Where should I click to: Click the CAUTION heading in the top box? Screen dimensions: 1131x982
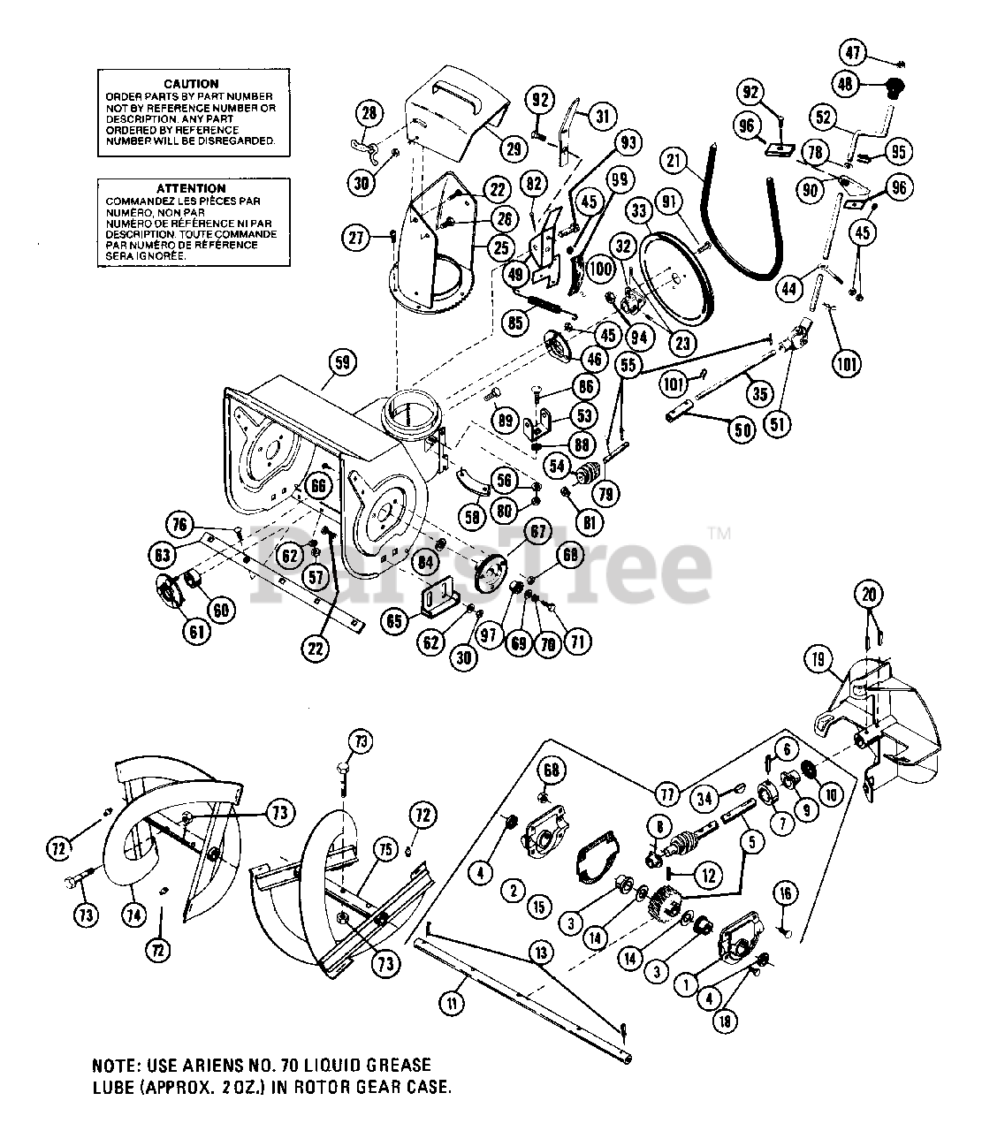point(191,84)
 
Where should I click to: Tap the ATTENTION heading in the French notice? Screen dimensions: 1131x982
point(191,188)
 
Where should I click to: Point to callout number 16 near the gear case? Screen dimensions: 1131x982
point(784,895)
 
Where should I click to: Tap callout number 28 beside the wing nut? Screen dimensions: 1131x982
point(369,112)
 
